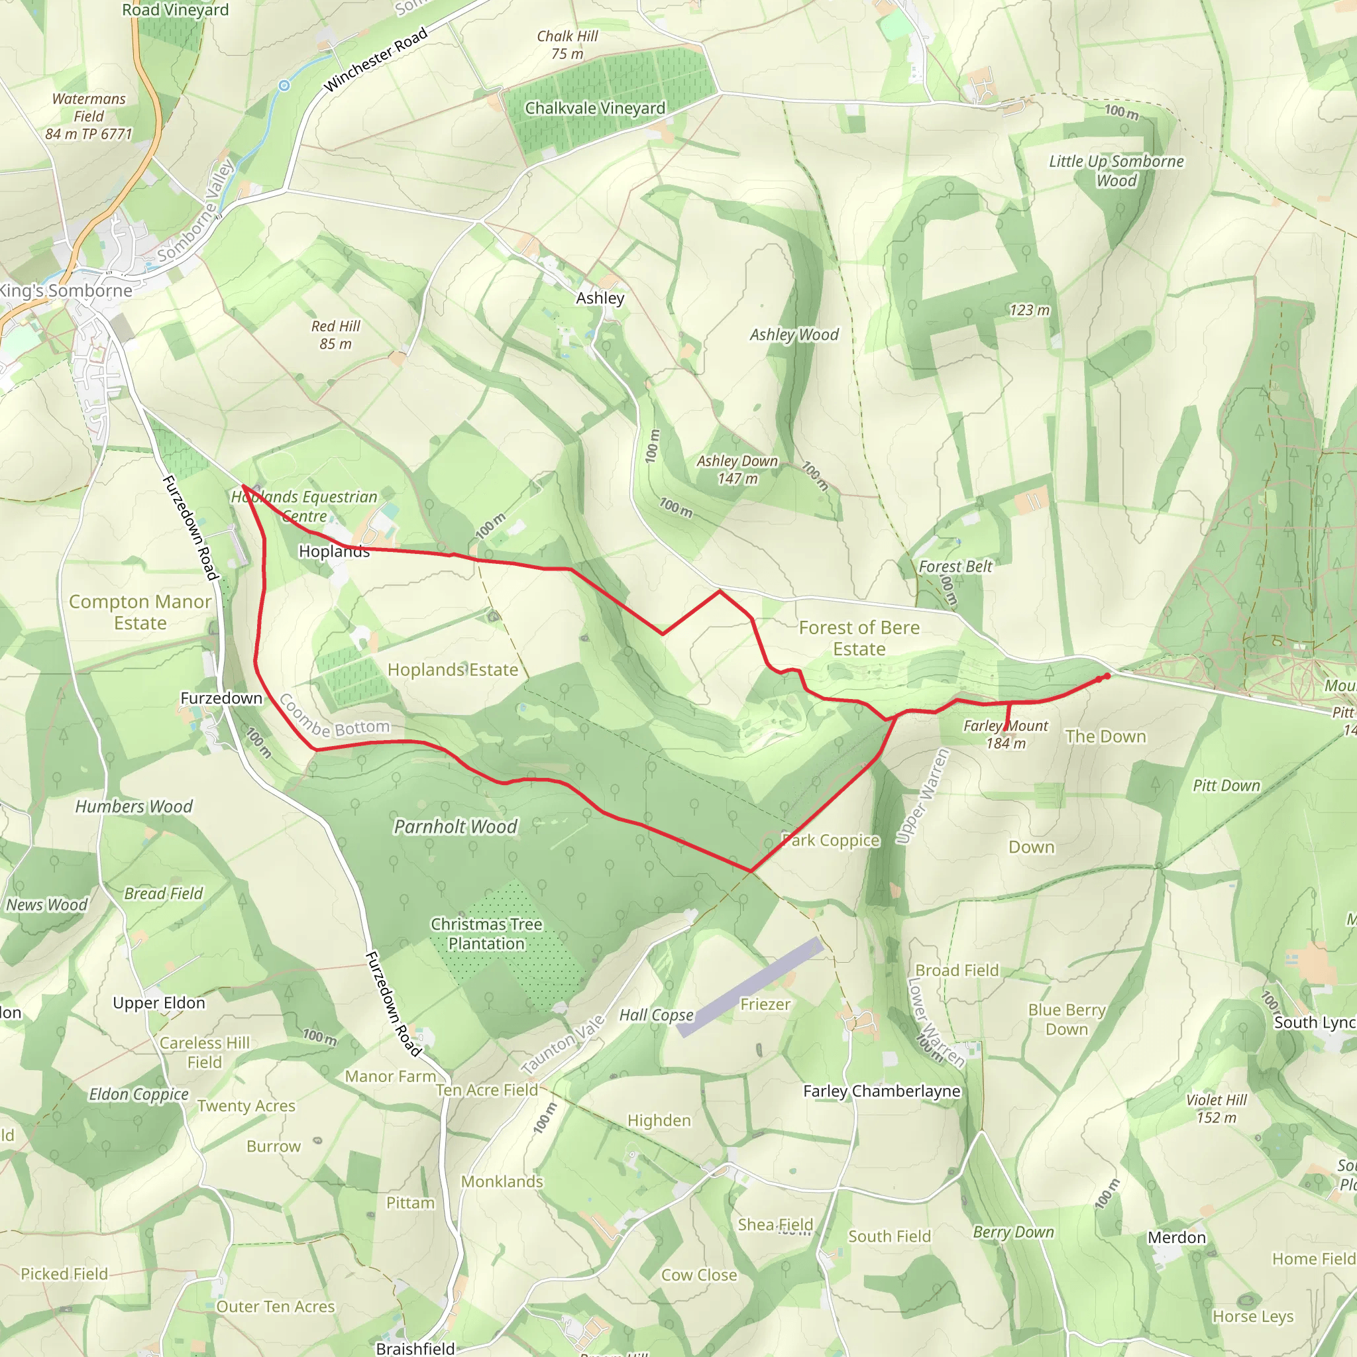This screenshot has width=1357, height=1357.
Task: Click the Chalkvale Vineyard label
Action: click(595, 108)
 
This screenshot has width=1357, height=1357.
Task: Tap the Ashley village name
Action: click(600, 298)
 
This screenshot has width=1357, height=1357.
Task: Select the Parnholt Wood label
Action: click(455, 827)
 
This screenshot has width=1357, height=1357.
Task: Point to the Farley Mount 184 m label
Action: click(1006, 735)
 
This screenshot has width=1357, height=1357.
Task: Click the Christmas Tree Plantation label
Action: click(487, 934)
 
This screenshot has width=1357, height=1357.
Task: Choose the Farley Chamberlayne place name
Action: click(881, 1091)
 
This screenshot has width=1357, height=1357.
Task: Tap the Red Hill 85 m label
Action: click(336, 335)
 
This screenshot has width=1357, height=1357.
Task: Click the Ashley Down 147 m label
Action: click(737, 470)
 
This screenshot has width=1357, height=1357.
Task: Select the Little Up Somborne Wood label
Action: click(1116, 171)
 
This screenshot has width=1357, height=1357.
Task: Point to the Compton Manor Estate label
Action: click(140, 612)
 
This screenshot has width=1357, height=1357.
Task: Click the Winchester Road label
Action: click(375, 60)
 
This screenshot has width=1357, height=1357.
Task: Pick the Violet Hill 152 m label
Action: click(1217, 1109)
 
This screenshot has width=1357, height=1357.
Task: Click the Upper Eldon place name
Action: click(159, 1003)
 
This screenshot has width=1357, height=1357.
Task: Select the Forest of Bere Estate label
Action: click(859, 638)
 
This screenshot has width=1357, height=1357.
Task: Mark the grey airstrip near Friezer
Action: click(749, 987)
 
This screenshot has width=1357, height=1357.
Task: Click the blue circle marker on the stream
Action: click(284, 85)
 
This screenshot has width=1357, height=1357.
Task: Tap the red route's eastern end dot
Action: click(1107, 676)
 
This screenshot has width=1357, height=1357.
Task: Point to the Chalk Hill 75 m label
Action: click(568, 45)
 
